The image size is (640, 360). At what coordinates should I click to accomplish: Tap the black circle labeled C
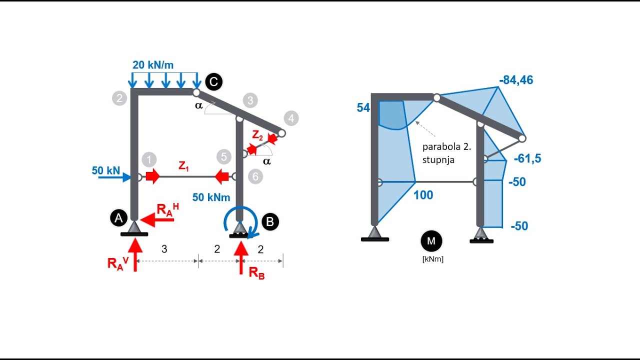[213, 81]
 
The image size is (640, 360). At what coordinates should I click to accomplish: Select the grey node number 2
[119, 98]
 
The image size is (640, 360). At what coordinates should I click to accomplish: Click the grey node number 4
[290, 118]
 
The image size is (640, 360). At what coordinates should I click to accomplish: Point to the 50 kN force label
[105, 170]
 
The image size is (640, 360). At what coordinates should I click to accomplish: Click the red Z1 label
[184, 166]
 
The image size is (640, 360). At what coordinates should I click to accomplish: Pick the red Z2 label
[257, 134]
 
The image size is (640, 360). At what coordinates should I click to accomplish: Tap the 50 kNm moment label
[211, 197]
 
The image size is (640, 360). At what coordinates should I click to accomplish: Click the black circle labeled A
[118, 218]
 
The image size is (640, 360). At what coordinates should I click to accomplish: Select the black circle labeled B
[270, 221]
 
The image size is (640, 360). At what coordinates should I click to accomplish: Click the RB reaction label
[256, 273]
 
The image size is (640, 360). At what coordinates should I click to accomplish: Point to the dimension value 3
[164, 249]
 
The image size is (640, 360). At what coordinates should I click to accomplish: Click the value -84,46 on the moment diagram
[516, 80]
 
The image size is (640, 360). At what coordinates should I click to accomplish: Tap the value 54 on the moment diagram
[363, 108]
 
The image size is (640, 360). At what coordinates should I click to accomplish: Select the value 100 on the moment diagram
[423, 195]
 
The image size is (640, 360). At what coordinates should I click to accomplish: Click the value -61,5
[527, 159]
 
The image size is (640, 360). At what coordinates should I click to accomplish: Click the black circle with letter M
[431, 241]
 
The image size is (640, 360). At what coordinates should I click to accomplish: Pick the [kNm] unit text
[432, 259]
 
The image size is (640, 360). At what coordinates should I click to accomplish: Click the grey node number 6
[255, 176]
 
